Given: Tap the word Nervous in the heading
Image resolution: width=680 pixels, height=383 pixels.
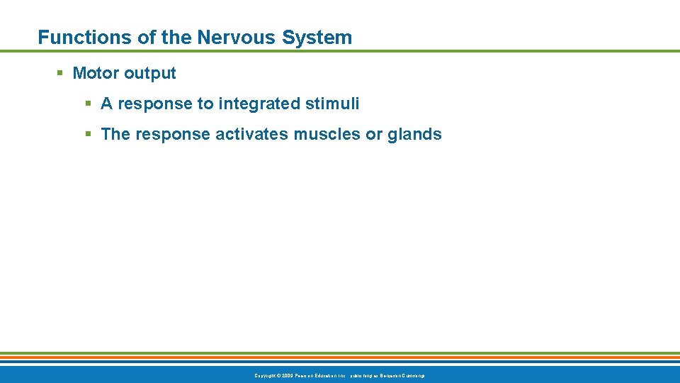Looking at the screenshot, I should click(232, 38).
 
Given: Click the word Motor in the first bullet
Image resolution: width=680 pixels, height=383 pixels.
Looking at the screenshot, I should click(96, 73).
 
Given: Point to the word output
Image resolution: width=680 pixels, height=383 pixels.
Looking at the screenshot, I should click(150, 73).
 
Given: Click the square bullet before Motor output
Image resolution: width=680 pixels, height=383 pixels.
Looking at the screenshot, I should click(60, 73).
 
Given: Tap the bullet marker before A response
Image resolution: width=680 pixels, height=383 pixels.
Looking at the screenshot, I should click(89, 104).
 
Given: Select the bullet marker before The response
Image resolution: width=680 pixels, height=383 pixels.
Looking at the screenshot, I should click(89, 134).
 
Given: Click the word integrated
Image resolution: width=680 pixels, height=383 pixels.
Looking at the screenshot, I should click(259, 104).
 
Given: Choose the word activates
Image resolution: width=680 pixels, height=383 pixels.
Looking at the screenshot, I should click(249, 134).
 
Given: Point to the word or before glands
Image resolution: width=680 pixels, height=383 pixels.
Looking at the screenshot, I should click(374, 134).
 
